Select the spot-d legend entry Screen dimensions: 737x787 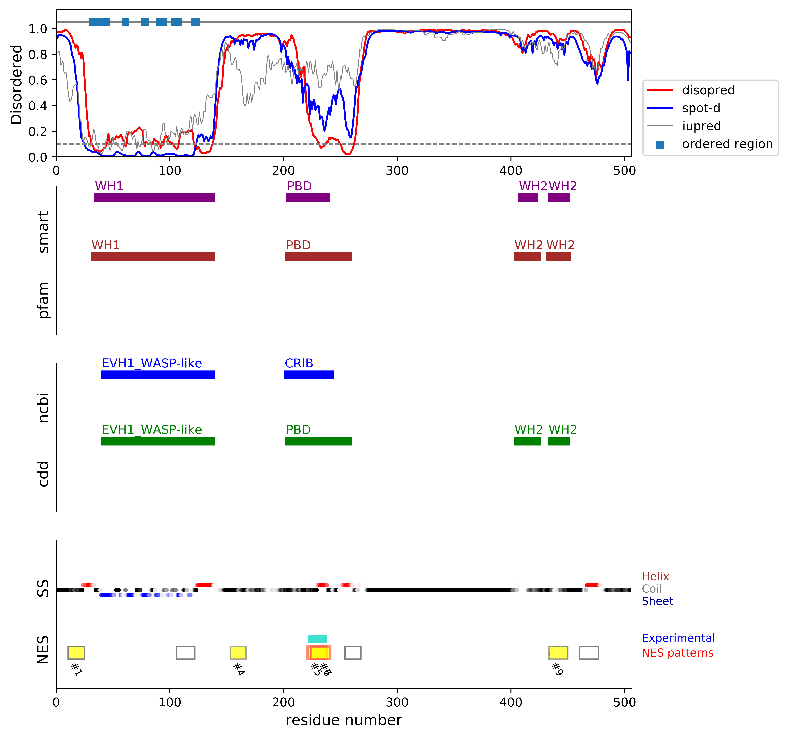pos(701,108)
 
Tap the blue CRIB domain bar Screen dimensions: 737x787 pos(309,375)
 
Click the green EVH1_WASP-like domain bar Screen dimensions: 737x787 pos(158,441)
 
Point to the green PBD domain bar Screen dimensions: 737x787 pos(319,441)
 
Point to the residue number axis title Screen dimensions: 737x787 pos(344,720)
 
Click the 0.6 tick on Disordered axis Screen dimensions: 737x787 pos(38,80)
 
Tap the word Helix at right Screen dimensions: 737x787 pos(655,577)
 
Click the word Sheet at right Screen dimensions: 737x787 pos(657,601)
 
